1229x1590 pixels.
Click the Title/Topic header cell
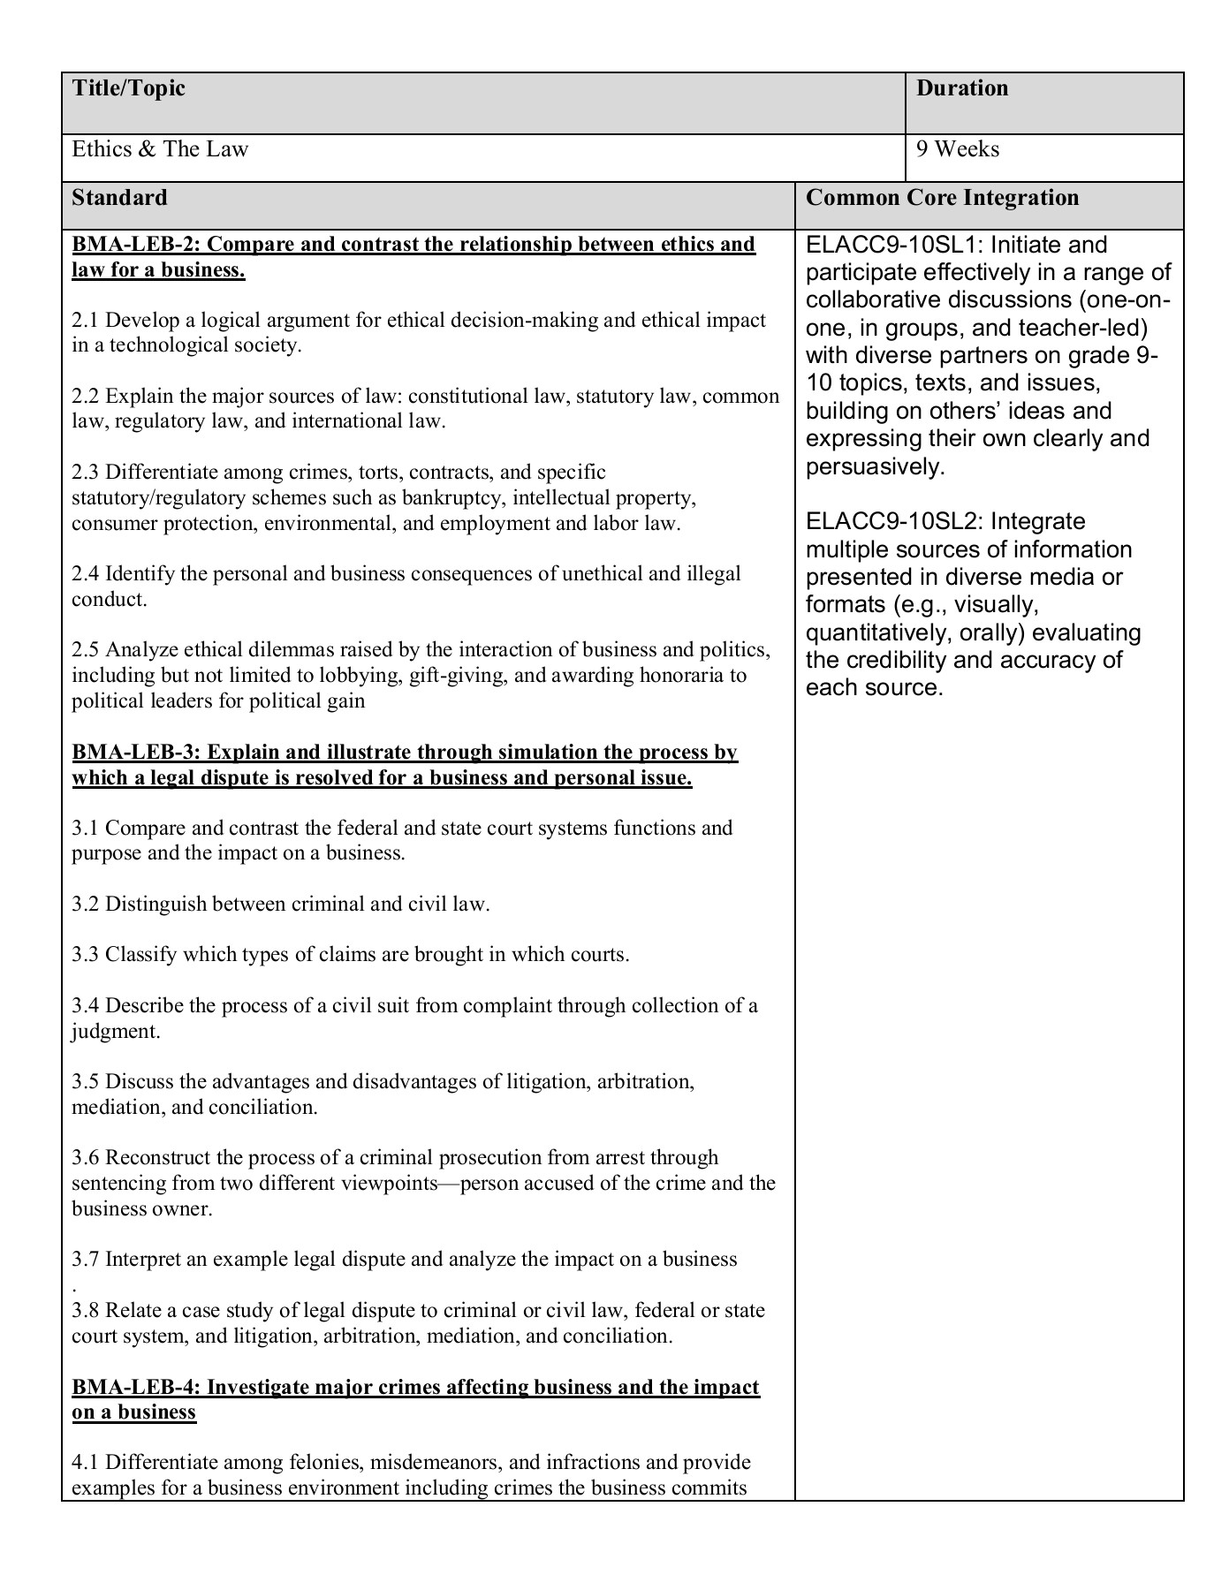pos(129,88)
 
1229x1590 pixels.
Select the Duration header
pos(962,88)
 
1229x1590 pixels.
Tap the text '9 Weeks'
pos(958,149)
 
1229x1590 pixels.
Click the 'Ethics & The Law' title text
pos(160,149)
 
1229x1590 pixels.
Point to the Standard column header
pos(119,197)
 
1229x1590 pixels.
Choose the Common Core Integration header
pos(942,197)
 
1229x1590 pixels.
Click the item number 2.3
pos(86,473)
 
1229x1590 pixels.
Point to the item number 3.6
pos(86,1158)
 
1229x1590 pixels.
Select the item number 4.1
pos(86,1463)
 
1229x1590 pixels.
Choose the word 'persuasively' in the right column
pos(875,467)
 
